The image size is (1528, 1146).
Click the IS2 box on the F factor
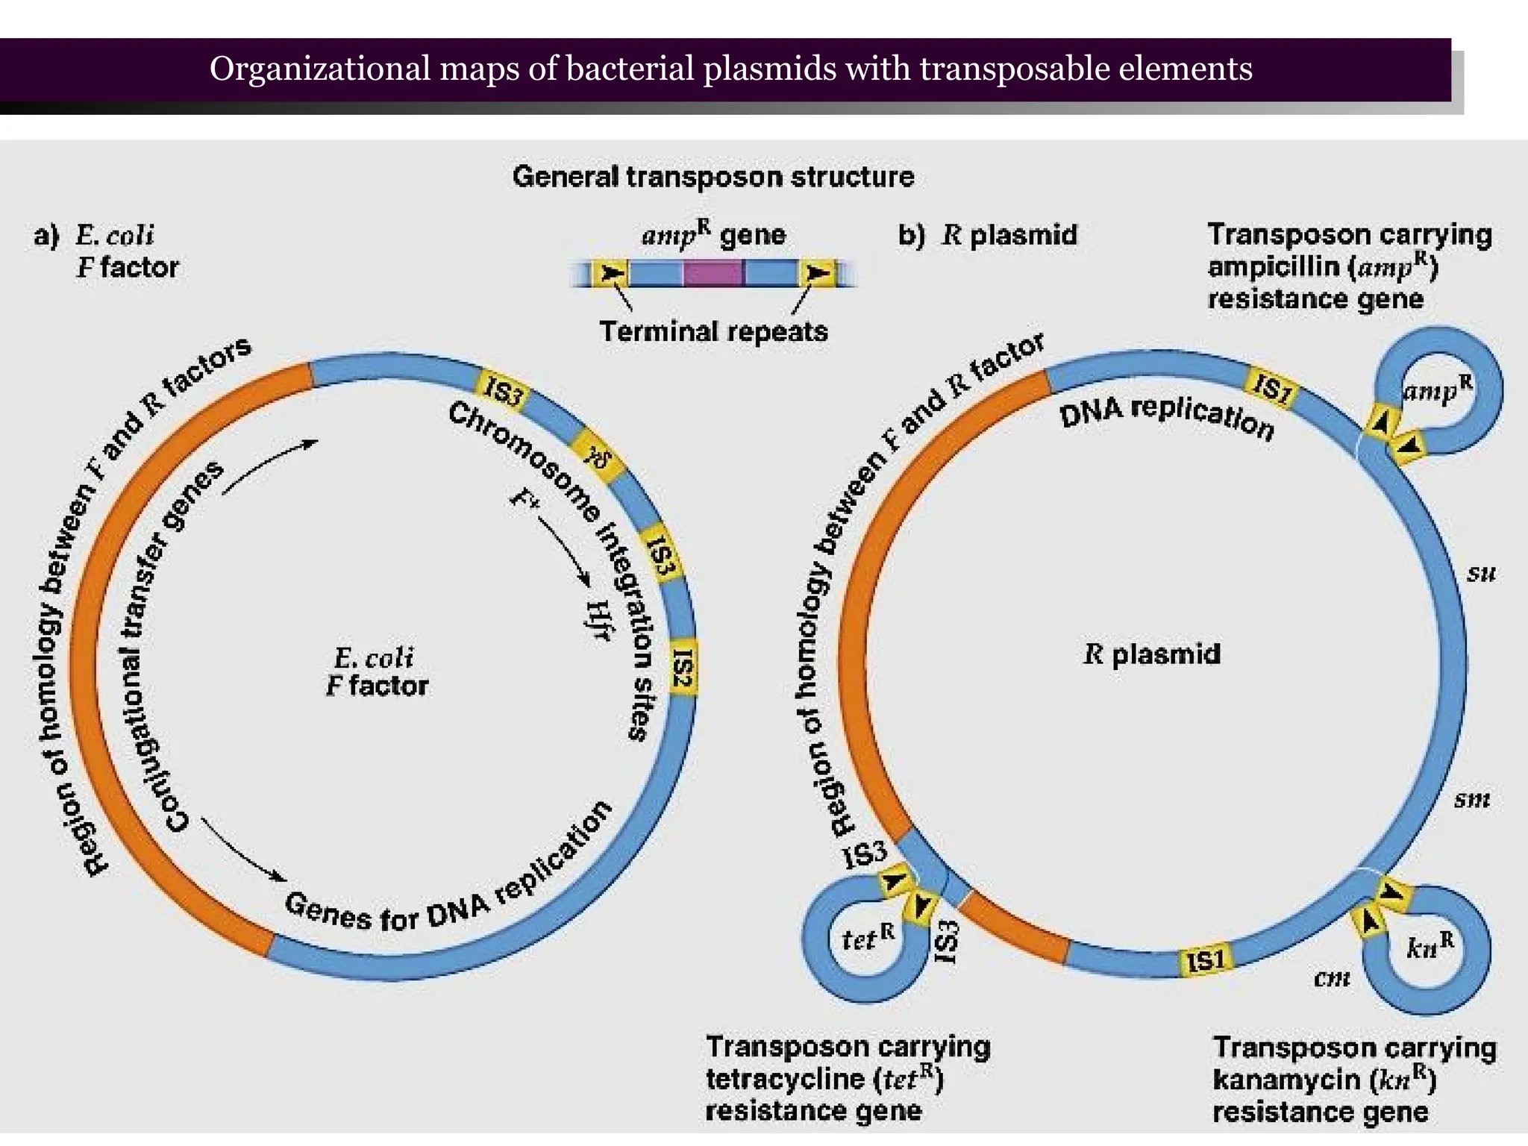(x=683, y=667)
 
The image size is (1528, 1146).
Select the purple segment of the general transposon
(x=713, y=273)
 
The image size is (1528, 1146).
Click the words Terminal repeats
(x=713, y=331)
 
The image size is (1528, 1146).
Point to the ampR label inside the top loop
(x=1437, y=389)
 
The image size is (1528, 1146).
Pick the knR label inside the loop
(x=1430, y=945)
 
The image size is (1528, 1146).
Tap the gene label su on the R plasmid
(x=1481, y=573)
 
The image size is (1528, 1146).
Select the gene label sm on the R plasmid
(x=1472, y=799)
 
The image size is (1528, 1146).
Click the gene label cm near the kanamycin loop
(x=1332, y=977)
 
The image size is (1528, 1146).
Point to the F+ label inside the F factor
(x=523, y=499)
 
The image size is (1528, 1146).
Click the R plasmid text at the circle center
(x=1152, y=654)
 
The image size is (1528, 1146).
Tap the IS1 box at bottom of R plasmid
(x=1206, y=960)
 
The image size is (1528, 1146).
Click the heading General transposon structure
(x=713, y=177)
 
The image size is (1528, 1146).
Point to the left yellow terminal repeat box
(x=611, y=273)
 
